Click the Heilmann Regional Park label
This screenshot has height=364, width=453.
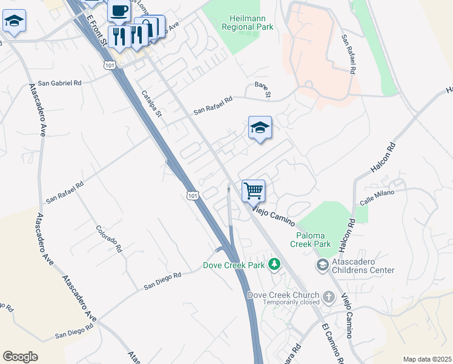(x=247, y=22)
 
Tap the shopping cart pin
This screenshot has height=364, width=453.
(x=254, y=190)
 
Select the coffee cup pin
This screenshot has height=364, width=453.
(x=119, y=10)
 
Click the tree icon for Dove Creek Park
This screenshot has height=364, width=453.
(x=275, y=264)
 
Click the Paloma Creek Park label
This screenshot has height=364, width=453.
(x=314, y=239)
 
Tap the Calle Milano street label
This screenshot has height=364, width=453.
(x=377, y=193)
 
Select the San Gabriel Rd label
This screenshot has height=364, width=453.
(x=59, y=83)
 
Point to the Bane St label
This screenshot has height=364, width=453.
(x=263, y=89)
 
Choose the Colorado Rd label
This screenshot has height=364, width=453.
(x=109, y=239)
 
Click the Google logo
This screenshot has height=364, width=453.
(x=20, y=357)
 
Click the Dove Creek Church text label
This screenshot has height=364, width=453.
(x=283, y=295)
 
